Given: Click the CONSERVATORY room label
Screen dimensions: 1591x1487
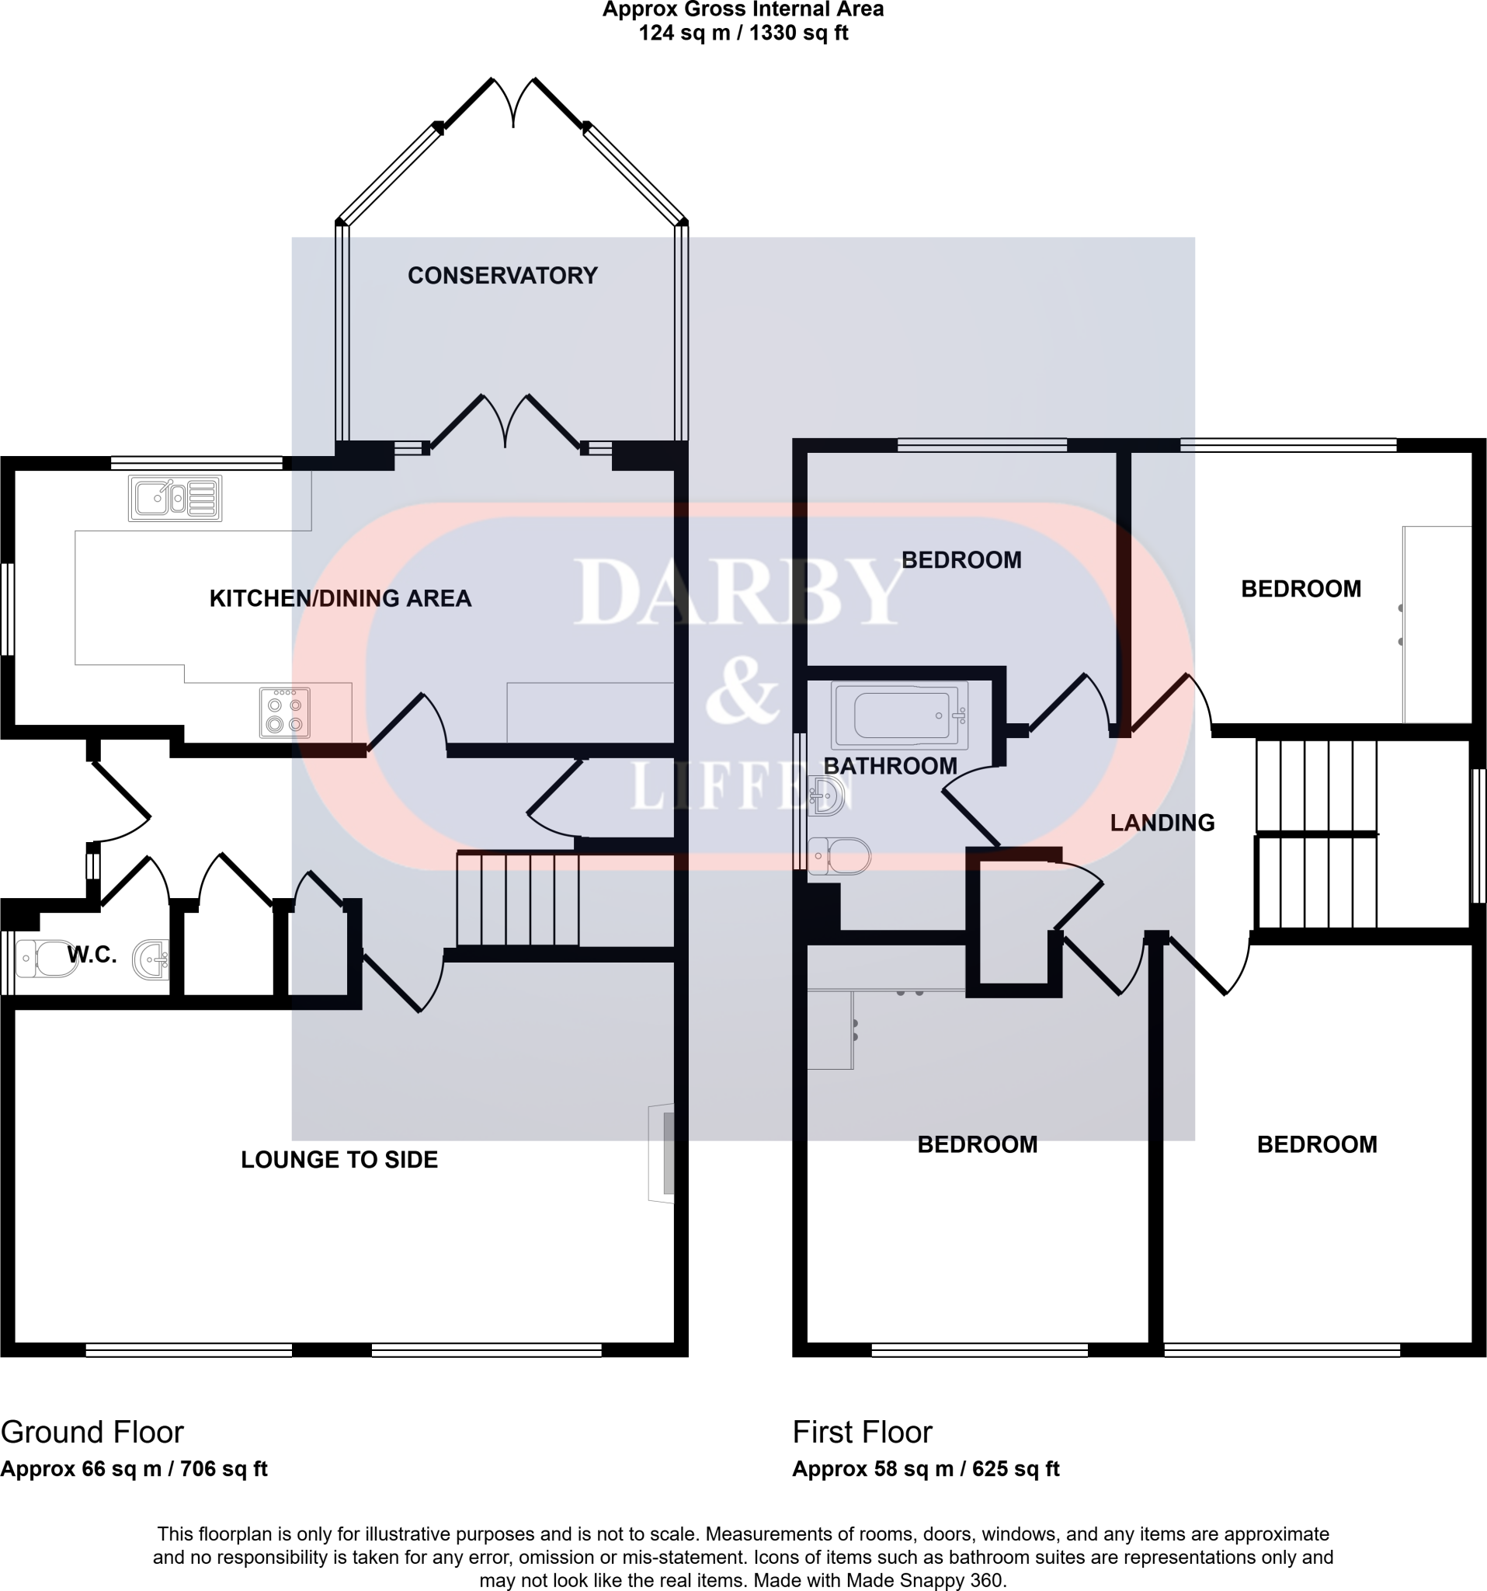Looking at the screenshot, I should (x=502, y=275).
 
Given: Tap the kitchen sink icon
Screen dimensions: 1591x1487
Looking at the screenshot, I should (x=175, y=498).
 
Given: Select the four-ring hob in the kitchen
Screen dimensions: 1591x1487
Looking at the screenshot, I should (x=285, y=712).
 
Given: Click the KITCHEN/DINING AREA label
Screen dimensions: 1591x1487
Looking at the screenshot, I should (x=340, y=598).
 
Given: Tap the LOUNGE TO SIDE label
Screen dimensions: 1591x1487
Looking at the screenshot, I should (x=339, y=1160).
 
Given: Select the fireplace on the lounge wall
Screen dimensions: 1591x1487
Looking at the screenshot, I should (x=662, y=1153).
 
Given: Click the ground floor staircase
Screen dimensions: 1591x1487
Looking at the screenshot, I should (x=517, y=899).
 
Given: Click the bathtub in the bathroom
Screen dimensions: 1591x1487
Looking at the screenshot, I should (x=899, y=715).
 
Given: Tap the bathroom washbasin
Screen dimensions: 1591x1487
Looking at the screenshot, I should (x=827, y=795).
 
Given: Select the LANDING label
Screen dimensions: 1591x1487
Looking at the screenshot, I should (x=1162, y=823).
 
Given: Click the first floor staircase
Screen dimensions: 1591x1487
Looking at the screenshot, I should (x=1316, y=832).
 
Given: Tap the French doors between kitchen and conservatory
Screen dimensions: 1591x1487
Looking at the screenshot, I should (x=505, y=422).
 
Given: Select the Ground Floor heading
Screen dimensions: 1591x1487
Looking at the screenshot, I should (x=92, y=1432).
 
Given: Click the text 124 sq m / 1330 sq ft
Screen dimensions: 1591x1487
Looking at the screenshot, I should (x=743, y=33).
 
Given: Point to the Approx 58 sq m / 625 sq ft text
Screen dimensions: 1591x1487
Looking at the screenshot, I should (x=926, y=1468).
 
